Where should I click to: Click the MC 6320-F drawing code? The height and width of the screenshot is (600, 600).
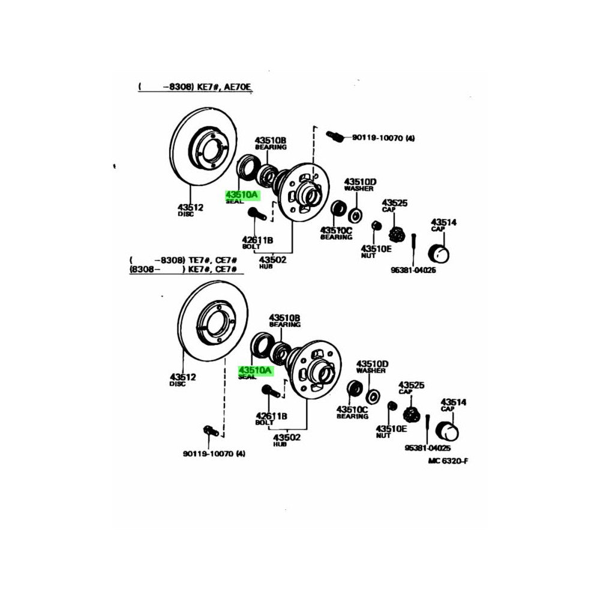[448, 460]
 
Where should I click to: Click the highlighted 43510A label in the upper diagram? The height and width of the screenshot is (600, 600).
[241, 195]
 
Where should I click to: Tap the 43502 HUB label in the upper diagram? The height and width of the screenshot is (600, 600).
[272, 262]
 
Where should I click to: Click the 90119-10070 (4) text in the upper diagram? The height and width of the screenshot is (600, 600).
[383, 138]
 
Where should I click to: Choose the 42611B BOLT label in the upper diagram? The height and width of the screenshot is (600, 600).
[257, 243]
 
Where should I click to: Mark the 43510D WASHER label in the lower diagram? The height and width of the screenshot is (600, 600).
[373, 367]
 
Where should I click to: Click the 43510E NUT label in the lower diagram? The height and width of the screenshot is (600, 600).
[391, 431]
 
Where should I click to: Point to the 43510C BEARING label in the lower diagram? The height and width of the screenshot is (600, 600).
[352, 412]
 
